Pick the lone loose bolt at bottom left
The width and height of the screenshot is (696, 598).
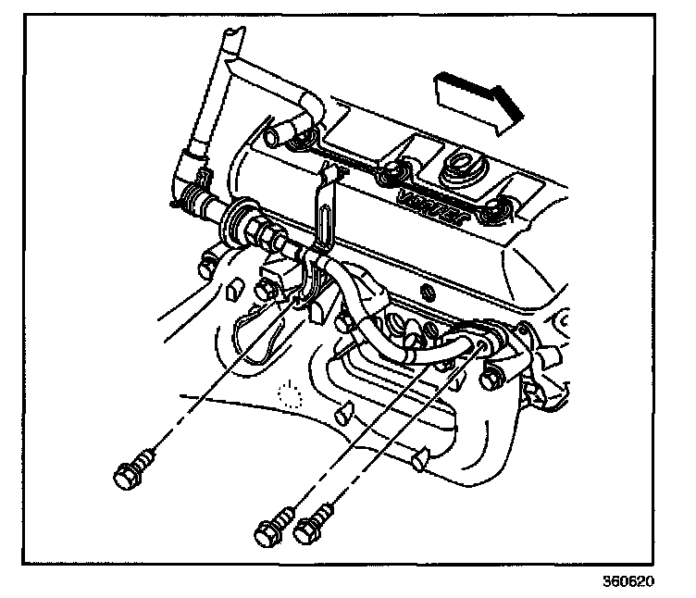tap(130, 474)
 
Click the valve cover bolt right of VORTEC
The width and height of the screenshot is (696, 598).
tap(501, 208)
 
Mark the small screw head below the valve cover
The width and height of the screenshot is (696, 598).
tap(429, 293)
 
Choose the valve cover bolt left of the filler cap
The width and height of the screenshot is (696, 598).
tap(395, 173)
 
